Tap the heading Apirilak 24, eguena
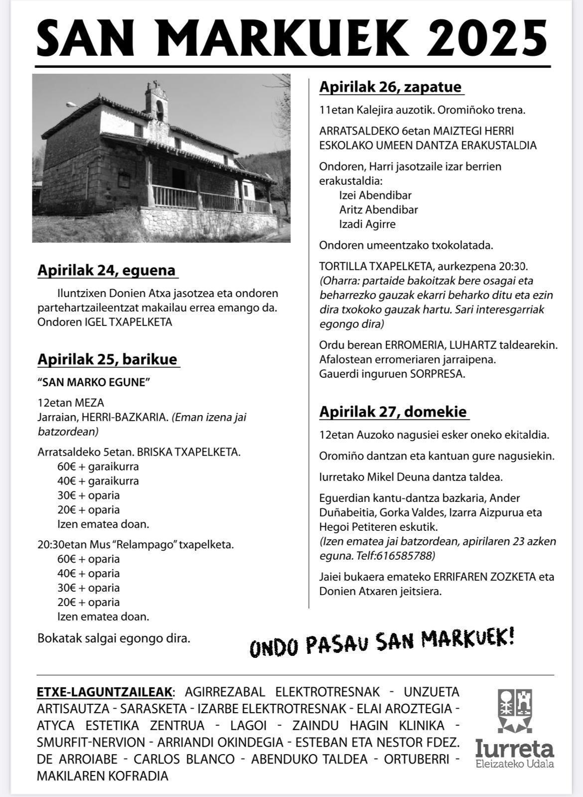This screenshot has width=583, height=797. point(107,270)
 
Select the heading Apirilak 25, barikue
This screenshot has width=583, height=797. point(108,359)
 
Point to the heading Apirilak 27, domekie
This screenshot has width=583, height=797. point(393,412)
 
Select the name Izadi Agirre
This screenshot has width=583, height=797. point(367,224)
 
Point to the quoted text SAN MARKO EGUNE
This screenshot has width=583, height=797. point(94,382)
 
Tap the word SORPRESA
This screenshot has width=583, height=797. point(437,374)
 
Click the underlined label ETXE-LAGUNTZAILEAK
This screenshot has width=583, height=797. point(105,692)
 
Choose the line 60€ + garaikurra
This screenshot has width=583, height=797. point(98,467)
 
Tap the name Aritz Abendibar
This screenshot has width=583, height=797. point(379,210)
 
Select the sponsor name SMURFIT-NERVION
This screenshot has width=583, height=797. point(91,742)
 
